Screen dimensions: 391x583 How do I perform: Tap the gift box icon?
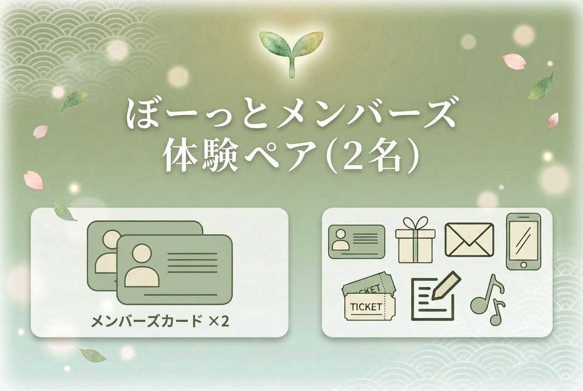pos(415,240)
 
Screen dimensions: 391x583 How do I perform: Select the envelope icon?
pos(469,239)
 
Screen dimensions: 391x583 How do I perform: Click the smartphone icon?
pos(523,241)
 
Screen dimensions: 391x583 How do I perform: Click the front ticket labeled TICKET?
pos(368,307)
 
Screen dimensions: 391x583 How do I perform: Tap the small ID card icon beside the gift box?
pos(357,241)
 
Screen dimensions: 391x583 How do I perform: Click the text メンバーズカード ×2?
pos(160,321)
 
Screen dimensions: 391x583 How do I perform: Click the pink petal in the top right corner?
pos(514,61)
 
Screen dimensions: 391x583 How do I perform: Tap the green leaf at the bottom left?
pos(93,355)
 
